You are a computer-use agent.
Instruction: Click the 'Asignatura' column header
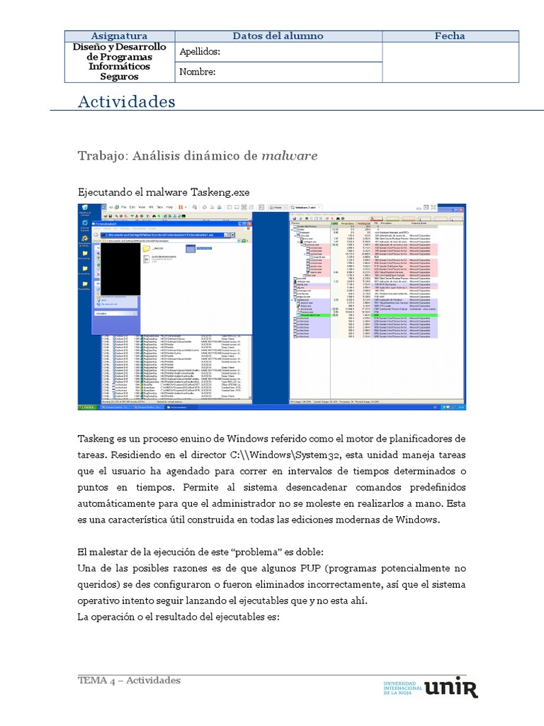coord(119,36)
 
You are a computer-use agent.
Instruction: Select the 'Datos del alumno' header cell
coord(278,36)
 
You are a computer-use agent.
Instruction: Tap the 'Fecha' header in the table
coord(450,36)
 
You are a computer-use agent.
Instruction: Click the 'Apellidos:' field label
coord(200,52)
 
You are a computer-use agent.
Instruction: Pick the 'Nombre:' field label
coord(198,72)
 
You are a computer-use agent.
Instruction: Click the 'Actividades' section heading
coord(126,102)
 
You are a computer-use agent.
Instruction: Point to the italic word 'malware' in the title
coord(290,156)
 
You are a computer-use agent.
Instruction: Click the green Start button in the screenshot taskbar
coord(87,408)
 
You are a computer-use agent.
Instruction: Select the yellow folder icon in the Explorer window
coord(147,249)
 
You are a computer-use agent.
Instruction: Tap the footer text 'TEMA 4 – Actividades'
coord(129,681)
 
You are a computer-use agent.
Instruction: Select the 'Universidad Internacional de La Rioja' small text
coord(402,688)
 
